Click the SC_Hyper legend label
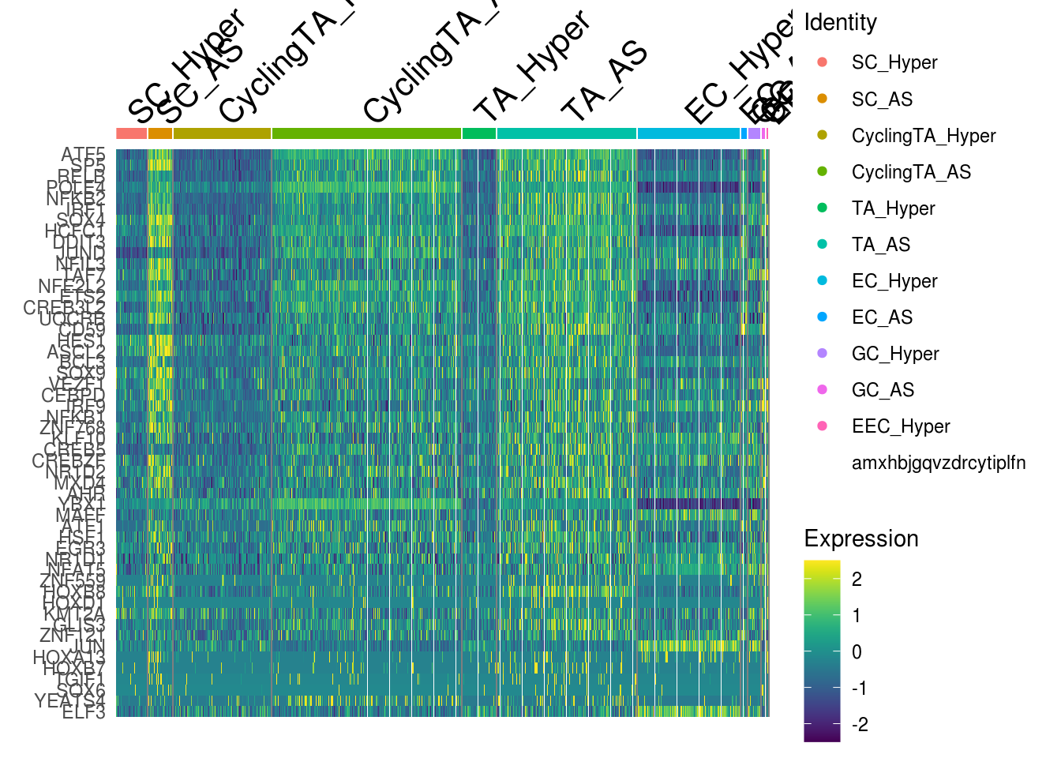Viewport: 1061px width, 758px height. [x=894, y=62]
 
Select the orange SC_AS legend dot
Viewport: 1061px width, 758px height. [x=823, y=99]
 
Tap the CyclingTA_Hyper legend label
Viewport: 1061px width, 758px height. [x=924, y=136]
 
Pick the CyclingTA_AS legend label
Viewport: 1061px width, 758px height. [x=911, y=172]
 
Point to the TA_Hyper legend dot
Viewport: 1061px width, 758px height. [x=823, y=208]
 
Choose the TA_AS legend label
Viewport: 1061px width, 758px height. [x=881, y=245]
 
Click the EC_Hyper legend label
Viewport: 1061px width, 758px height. [x=894, y=281]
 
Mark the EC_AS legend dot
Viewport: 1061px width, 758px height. [x=823, y=317]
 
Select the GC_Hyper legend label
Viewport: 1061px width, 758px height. [x=895, y=354]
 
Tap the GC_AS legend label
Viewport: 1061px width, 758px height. [x=883, y=390]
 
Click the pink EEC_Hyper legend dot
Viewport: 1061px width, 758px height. [x=823, y=426]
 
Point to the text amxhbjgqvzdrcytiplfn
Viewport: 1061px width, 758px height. [x=939, y=463]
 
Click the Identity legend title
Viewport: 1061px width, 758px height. [x=840, y=22]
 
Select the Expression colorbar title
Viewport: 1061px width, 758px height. [x=861, y=538]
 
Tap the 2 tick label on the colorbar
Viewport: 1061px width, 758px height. [x=857, y=579]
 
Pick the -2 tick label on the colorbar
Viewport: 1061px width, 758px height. [x=860, y=724]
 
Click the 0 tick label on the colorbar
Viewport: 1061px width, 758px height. [x=857, y=651]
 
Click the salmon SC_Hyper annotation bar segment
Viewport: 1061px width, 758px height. [x=131, y=133]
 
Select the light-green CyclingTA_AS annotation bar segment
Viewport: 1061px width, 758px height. [x=366, y=133]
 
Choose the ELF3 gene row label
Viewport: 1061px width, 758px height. [x=84, y=712]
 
